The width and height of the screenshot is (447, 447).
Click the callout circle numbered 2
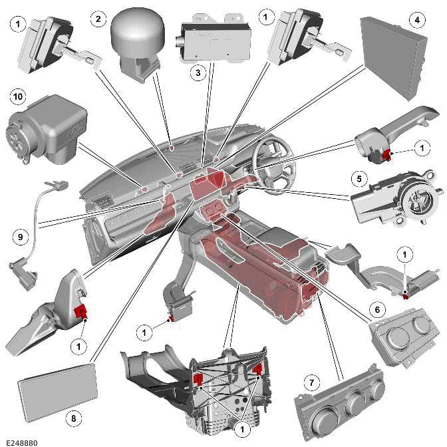pyautogui.click(x=98, y=19)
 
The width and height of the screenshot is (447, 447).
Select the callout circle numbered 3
pyautogui.click(x=196, y=73)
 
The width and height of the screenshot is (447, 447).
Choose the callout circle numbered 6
pyautogui.click(x=377, y=309)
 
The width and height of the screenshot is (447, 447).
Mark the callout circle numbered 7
pyautogui.click(x=310, y=382)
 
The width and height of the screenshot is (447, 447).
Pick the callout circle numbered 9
pyautogui.click(x=21, y=235)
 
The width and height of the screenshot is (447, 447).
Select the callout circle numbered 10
pyautogui.click(x=16, y=96)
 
